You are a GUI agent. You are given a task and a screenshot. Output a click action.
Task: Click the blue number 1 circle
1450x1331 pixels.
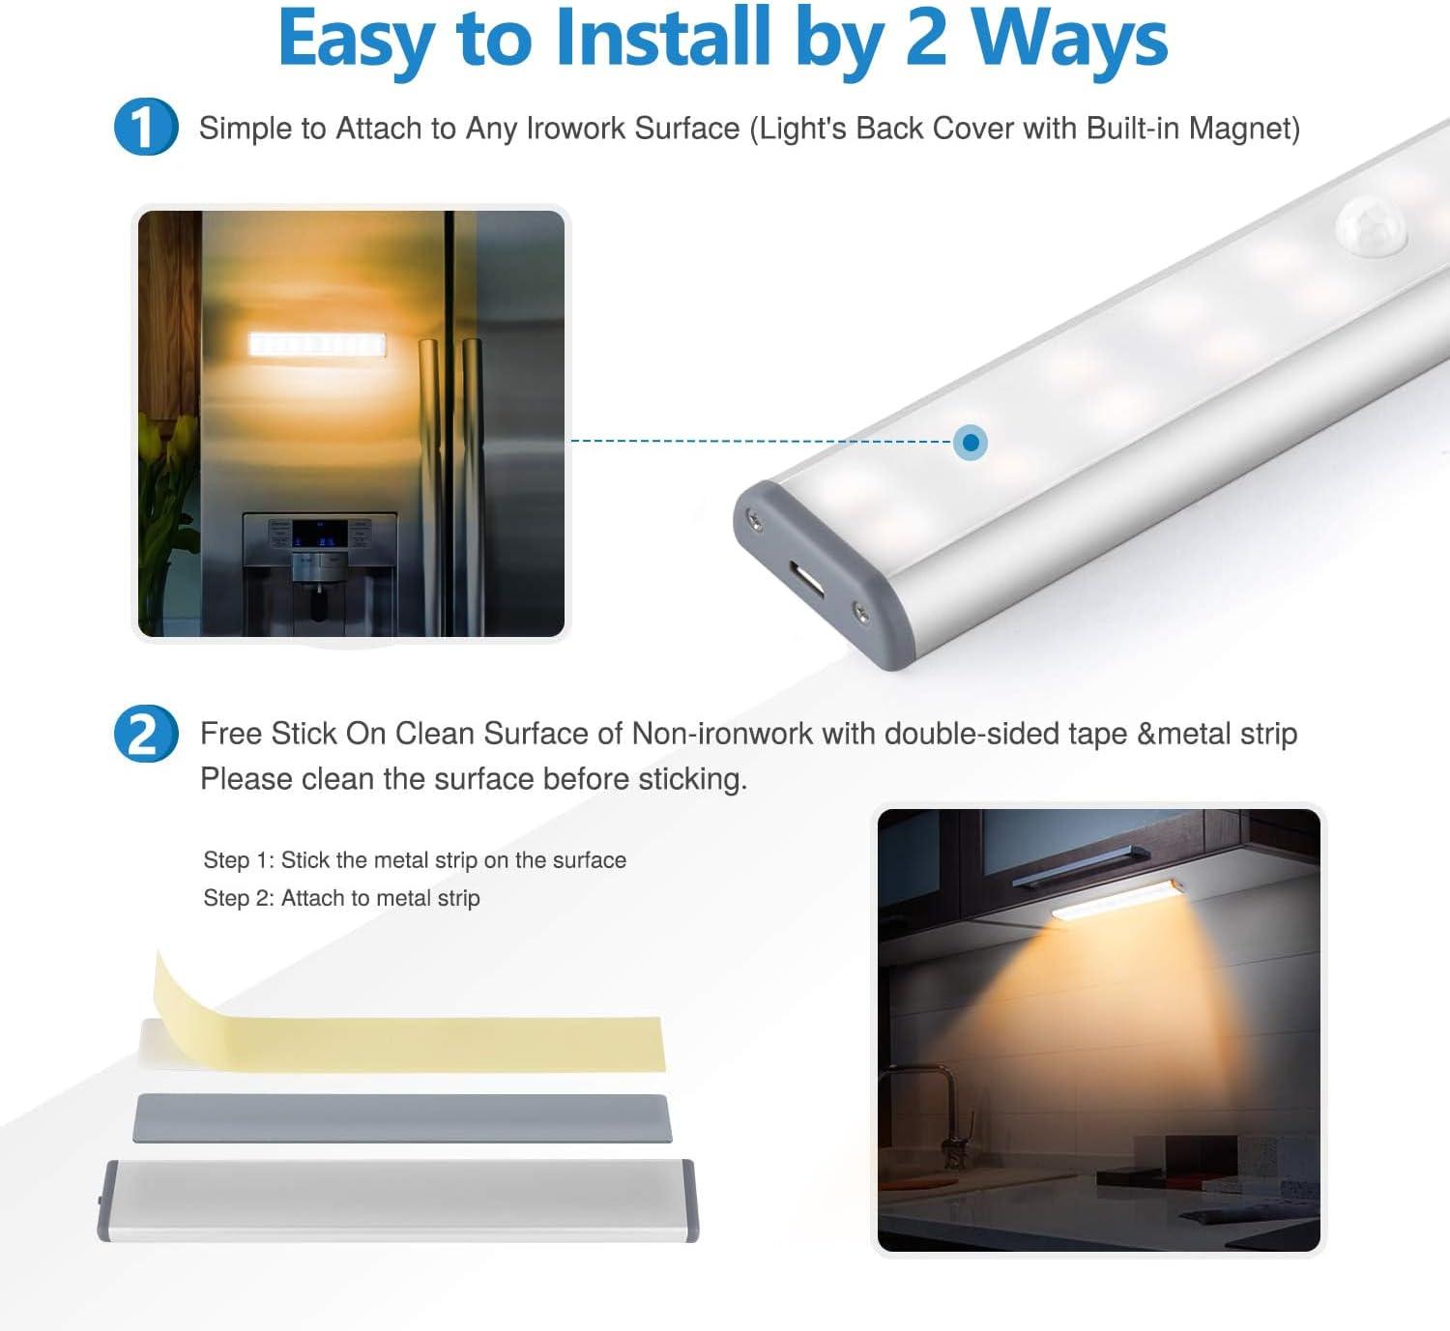click(x=145, y=128)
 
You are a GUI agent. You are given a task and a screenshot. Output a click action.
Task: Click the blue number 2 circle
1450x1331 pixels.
click(x=145, y=734)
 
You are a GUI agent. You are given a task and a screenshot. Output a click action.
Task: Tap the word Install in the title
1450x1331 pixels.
click(x=662, y=36)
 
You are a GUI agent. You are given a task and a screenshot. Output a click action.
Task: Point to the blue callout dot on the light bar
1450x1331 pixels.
click(x=970, y=442)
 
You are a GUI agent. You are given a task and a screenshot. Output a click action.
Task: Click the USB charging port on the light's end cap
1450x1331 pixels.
click(x=807, y=578)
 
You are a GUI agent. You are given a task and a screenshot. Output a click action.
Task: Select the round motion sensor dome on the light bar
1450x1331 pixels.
click(x=1371, y=226)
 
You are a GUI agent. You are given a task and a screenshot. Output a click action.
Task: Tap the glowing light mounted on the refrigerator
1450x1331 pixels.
click(x=317, y=345)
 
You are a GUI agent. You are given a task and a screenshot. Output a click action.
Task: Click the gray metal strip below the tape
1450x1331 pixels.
click(x=403, y=1118)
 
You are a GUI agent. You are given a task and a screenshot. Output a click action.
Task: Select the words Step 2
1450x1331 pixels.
click(x=238, y=898)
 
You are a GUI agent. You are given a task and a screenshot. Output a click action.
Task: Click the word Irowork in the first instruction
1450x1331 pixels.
click(x=574, y=129)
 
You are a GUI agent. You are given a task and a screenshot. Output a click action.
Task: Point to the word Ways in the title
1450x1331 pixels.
click(x=1070, y=40)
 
